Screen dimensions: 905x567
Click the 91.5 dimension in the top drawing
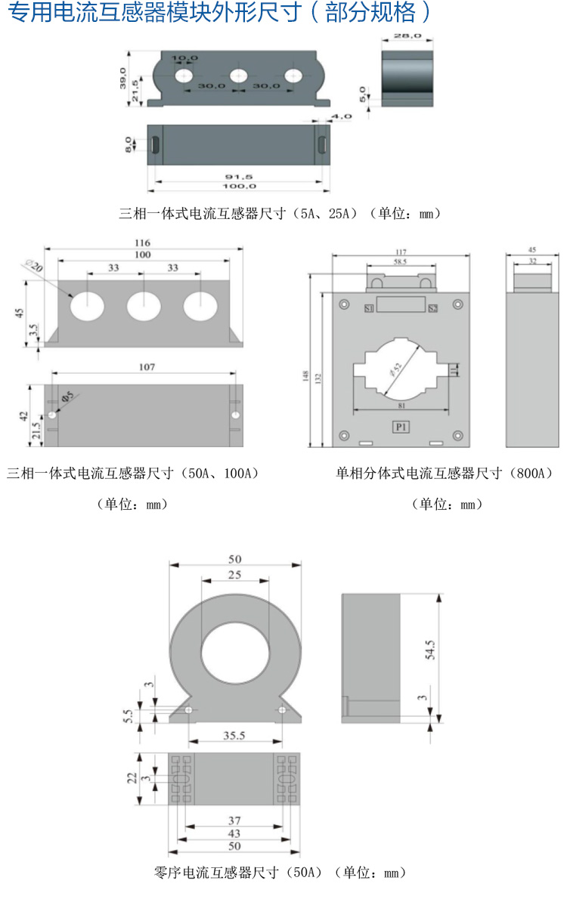pyautogui.click(x=238, y=176)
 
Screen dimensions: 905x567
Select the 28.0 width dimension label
pyautogui.click(x=406, y=37)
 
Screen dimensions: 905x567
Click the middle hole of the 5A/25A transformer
pyautogui.click(x=239, y=76)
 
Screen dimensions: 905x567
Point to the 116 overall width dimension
pyautogui.click(x=143, y=243)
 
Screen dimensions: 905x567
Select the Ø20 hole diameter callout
pyautogui.click(x=33, y=267)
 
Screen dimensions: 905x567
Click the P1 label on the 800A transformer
pyautogui.click(x=400, y=428)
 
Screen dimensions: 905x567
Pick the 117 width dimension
pyautogui.click(x=401, y=252)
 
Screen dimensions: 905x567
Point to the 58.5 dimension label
pyautogui.click(x=400, y=261)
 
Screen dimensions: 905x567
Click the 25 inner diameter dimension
pyautogui.click(x=234, y=576)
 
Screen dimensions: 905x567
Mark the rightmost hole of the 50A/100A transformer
pyautogui.click(x=200, y=306)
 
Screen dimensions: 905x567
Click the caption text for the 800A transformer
pyautogui.click(x=445, y=474)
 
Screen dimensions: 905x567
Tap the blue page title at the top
pyautogui.click(x=219, y=14)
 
